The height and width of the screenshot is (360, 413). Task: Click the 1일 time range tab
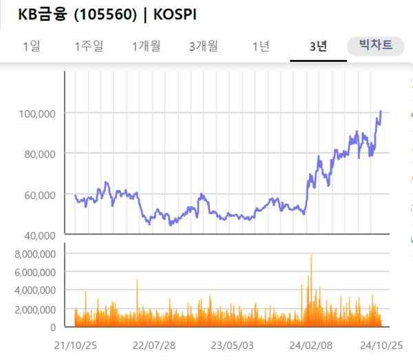click(32, 46)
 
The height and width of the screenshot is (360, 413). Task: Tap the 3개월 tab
click(204, 46)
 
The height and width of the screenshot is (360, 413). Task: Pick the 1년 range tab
click(261, 46)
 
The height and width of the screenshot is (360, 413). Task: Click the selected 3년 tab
click(318, 46)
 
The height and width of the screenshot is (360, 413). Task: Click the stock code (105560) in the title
click(107, 14)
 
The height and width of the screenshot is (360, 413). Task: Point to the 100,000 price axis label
click(36, 113)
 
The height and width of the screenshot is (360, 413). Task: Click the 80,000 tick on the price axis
click(39, 153)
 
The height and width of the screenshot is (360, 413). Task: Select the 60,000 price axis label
click(39, 195)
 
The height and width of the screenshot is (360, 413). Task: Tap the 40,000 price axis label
click(39, 235)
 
